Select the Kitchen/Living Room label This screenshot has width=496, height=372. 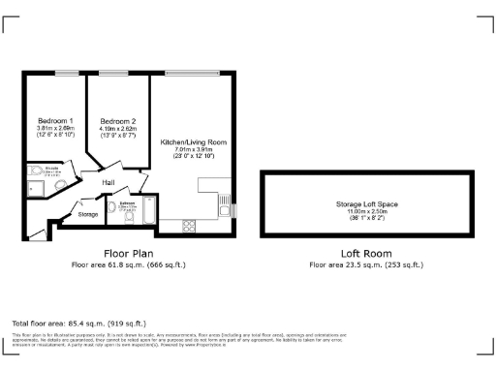[x=190, y=140]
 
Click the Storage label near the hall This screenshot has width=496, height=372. [x=88, y=213]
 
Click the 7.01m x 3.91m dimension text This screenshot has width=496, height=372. [x=191, y=149]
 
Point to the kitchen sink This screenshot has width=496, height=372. [x=225, y=207]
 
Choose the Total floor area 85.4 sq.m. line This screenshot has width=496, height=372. [x=78, y=323]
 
